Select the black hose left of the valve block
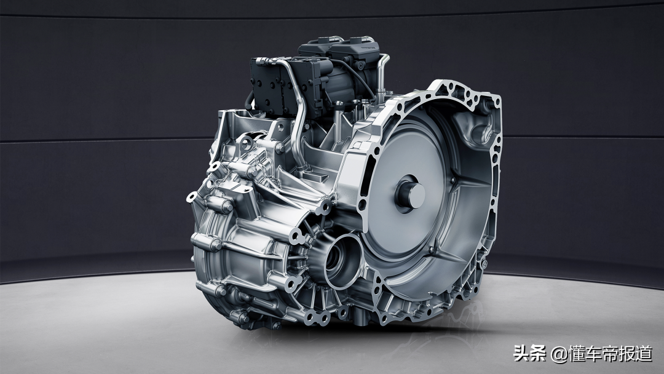pos(248,101)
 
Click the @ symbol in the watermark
pos(558,354)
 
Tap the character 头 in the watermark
pos(522,354)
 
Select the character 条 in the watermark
pos(539,354)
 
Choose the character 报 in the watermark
pos(626,354)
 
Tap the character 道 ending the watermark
pos(644,354)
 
